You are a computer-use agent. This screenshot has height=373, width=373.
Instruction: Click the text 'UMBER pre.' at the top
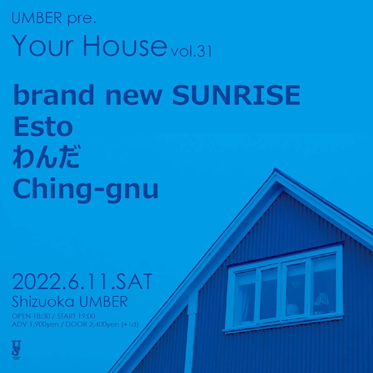[54, 19]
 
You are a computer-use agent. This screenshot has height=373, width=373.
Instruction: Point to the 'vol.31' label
[190, 51]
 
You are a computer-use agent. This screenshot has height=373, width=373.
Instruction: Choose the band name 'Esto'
[43, 126]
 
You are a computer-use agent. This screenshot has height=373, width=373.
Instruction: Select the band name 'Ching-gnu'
[85, 188]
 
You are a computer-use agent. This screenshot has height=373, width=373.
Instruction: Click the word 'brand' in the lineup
[54, 95]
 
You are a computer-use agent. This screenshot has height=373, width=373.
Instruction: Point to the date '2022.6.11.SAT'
[82, 282]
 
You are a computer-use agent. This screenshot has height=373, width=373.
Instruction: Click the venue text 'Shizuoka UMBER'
[70, 302]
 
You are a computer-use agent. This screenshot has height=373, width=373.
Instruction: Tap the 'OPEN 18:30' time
[31, 316]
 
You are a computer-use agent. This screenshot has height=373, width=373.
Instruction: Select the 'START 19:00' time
[76, 316]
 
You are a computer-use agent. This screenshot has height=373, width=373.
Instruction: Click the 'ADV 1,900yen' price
[35, 324]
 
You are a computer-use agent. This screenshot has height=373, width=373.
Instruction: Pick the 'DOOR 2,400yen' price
[92, 324]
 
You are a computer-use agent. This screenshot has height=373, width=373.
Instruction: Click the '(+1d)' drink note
[130, 324]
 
